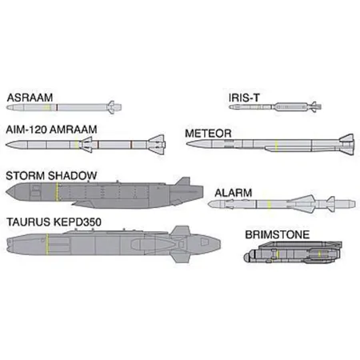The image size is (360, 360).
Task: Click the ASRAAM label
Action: [30, 98]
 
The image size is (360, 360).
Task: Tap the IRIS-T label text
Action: [244, 98]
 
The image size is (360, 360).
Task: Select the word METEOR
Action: [208, 134]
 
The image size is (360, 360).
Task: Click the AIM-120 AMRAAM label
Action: [51, 130]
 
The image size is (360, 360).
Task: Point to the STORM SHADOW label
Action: [51, 176]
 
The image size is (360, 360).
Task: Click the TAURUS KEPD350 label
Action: [54, 222]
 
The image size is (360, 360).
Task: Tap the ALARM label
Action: [234, 193]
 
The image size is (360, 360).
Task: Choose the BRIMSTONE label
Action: [278, 234]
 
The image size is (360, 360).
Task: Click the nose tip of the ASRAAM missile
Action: [7, 107]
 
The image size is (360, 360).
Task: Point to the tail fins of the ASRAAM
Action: [112, 107]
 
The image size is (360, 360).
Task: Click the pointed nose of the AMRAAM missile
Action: [6, 145]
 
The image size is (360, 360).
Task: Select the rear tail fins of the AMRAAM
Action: [157, 145]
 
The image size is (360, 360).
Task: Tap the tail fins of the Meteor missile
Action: [346, 144]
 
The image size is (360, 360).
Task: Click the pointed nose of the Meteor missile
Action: [187, 144]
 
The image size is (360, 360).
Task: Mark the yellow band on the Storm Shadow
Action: [57, 191]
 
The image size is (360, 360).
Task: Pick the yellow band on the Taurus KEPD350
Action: [47, 244]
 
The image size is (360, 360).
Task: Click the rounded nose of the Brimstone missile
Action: [246, 257]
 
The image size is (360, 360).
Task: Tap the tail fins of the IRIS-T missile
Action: [315, 107]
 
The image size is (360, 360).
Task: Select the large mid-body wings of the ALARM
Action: [302, 204]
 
